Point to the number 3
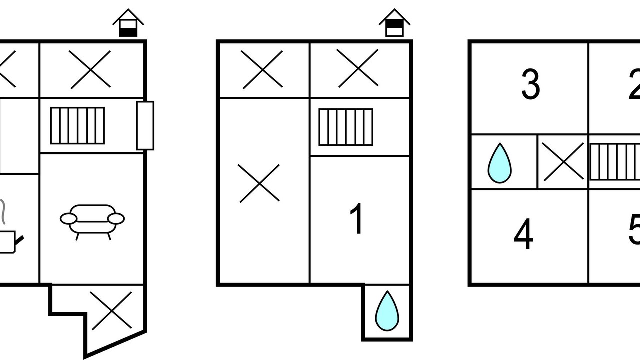(530, 85)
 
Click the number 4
(523, 235)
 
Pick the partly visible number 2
(634, 85)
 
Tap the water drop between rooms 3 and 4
(499, 163)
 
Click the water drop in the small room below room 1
(387, 311)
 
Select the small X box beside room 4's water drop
(563, 161)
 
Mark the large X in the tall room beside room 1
(259, 183)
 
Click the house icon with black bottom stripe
(128, 24)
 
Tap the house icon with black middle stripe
(394, 24)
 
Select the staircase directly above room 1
(346, 127)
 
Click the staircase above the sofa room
(78, 125)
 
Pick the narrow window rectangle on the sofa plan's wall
(145, 125)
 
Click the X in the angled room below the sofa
(112, 311)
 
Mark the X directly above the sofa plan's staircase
(90, 70)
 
